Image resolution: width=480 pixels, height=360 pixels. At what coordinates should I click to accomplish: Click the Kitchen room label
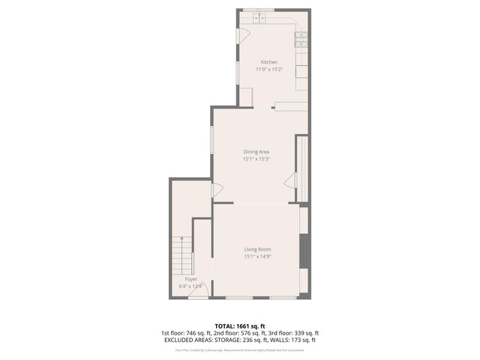pyautogui.click(x=269, y=61)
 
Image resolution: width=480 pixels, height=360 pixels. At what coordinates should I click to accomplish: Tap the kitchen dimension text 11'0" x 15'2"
pyautogui.click(x=269, y=69)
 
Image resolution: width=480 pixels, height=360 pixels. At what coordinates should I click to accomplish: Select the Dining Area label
pyautogui.click(x=256, y=151)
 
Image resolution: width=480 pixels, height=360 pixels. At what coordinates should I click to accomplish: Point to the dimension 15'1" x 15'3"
pyautogui.click(x=256, y=159)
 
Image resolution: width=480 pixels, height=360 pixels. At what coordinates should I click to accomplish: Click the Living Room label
pyautogui.click(x=257, y=249)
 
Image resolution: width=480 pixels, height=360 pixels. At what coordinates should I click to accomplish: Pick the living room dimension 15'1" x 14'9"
pyautogui.click(x=257, y=256)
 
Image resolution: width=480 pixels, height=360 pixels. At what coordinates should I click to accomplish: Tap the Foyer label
pyautogui.click(x=190, y=279)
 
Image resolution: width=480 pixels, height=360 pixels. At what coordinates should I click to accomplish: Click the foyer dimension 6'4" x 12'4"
pyautogui.click(x=191, y=286)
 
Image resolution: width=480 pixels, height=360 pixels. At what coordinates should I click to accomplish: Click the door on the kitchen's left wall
pyautogui.click(x=241, y=36)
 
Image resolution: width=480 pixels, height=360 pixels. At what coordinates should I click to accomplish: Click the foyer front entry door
pyautogui.click(x=198, y=295)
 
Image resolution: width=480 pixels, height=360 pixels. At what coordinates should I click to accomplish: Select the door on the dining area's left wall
pyautogui.click(x=217, y=191)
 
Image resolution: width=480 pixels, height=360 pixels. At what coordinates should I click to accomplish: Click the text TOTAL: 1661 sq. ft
pyautogui.click(x=240, y=326)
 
